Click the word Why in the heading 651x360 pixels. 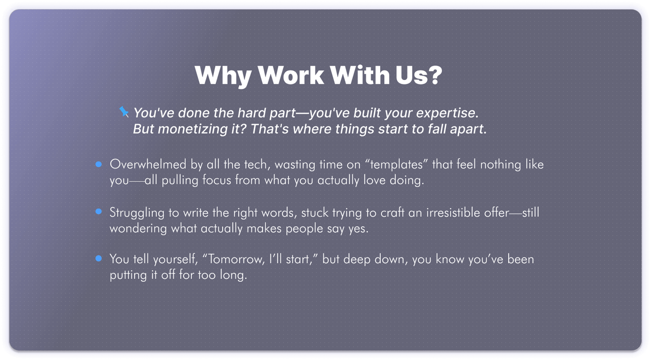pyautogui.click(x=223, y=75)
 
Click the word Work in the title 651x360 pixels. pyautogui.click(x=291, y=75)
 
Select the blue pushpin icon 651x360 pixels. pyautogui.click(x=124, y=112)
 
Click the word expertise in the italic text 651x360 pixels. pyautogui.click(x=447, y=113)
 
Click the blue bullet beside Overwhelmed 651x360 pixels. pyautogui.click(x=99, y=164)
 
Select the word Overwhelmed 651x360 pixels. pyautogui.click(x=148, y=164)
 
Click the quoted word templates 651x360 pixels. pyautogui.click(x=396, y=165)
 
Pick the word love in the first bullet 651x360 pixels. pyautogui.click(x=374, y=180)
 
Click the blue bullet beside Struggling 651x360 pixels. pyautogui.click(x=99, y=211)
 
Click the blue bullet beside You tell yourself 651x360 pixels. pyautogui.click(x=99, y=258)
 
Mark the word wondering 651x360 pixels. pyautogui.click(x=138, y=228)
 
